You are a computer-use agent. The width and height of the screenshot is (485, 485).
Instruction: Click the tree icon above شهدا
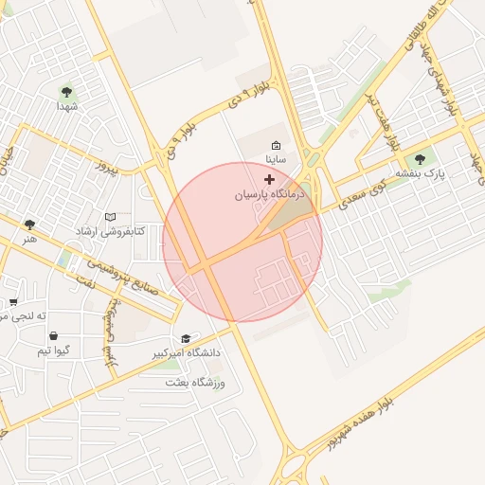pyautogui.click(x=66, y=92)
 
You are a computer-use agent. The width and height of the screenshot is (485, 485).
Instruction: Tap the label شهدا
pyautogui.click(x=66, y=108)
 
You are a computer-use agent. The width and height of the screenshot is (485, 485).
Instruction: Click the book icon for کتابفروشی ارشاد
pyautogui.click(x=110, y=217)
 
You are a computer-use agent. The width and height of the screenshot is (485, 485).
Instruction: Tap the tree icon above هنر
pyautogui.click(x=29, y=225)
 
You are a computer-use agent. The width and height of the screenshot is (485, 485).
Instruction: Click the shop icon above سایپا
pyautogui.click(x=276, y=146)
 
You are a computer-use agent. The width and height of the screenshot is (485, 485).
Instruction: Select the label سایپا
pyautogui.click(x=276, y=161)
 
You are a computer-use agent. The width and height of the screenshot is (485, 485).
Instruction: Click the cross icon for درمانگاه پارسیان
pyautogui.click(x=270, y=178)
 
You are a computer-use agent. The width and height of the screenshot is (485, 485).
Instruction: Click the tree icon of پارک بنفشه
pyautogui.click(x=420, y=158)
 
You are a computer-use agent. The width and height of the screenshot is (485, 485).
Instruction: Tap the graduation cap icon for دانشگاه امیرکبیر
pyautogui.click(x=186, y=338)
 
